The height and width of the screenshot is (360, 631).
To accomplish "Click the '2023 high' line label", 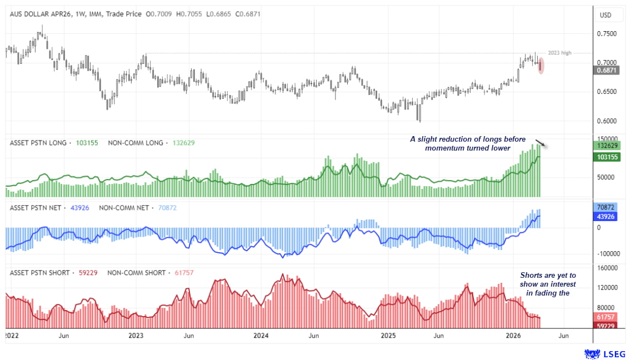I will coord(559,53).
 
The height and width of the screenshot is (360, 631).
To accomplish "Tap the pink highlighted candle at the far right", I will coord(541,66).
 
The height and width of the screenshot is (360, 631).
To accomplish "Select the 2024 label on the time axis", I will coord(261,336).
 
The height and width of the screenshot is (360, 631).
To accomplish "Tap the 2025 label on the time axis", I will coord(388,336).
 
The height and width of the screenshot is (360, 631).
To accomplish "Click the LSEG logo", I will coord(605,353).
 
